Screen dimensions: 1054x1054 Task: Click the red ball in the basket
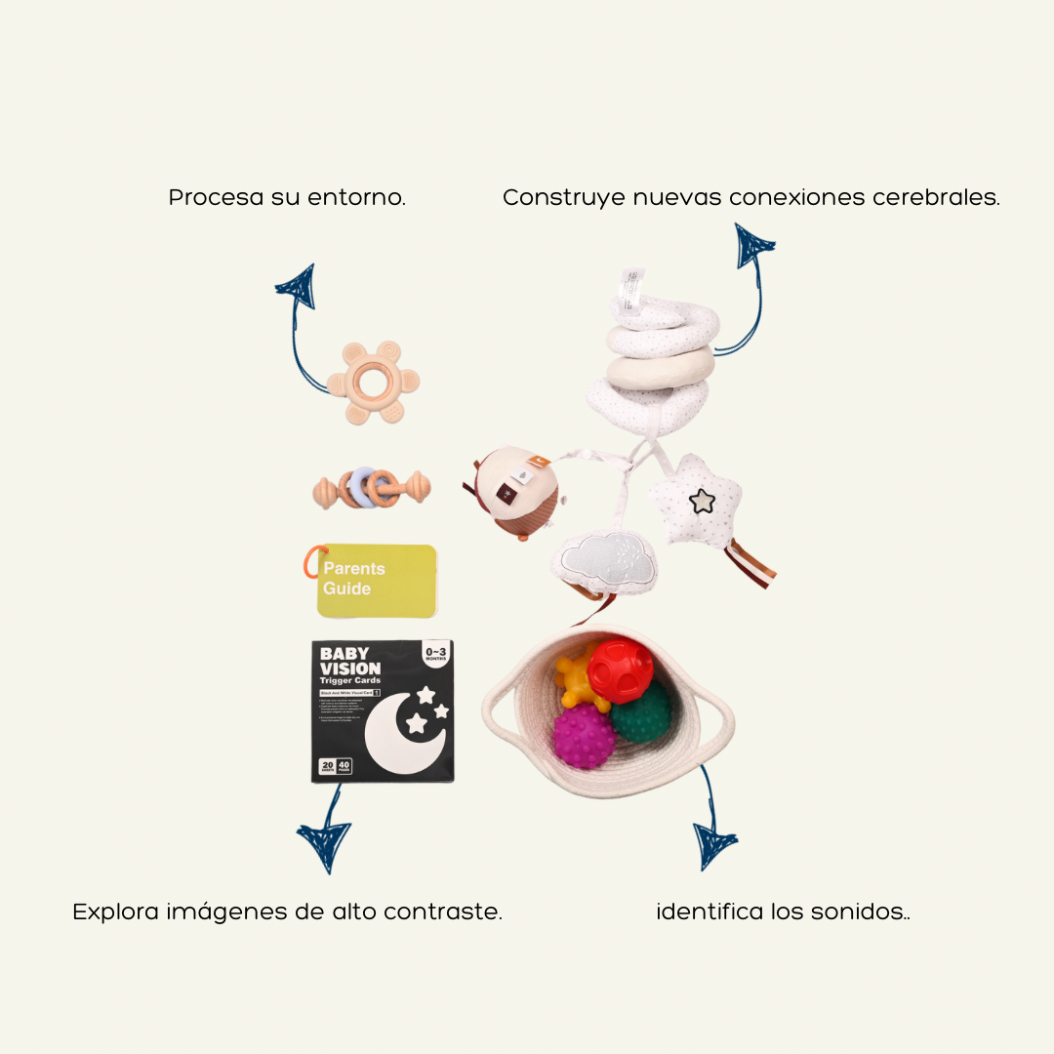(x=620, y=670)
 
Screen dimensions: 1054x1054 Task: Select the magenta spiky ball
(x=584, y=737)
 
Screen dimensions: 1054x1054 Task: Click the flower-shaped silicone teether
(x=374, y=383)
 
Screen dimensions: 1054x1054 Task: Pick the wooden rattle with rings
(x=371, y=488)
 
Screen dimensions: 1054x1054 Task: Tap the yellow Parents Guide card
(x=377, y=580)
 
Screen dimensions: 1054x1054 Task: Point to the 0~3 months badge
(x=434, y=652)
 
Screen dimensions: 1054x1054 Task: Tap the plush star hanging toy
(x=700, y=501)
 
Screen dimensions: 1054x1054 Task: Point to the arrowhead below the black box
(x=323, y=843)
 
